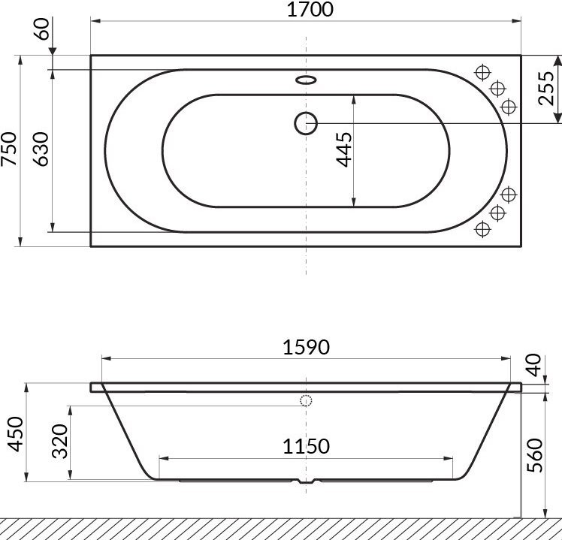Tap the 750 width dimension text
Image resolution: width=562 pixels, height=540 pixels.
[10, 150]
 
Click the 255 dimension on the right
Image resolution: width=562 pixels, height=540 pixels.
[547, 88]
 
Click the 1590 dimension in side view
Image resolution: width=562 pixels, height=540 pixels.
[307, 347]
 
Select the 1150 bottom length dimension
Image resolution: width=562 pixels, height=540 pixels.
[307, 446]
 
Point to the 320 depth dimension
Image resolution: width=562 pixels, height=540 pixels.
[60, 441]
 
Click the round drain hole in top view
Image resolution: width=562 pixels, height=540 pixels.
[306, 122]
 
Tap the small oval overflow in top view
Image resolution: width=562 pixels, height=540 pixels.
[306, 79]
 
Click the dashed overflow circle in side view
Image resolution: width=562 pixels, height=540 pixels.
[306, 400]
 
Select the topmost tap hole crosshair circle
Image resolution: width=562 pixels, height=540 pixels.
[482, 72]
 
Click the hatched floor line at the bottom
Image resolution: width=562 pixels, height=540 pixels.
[281, 528]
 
